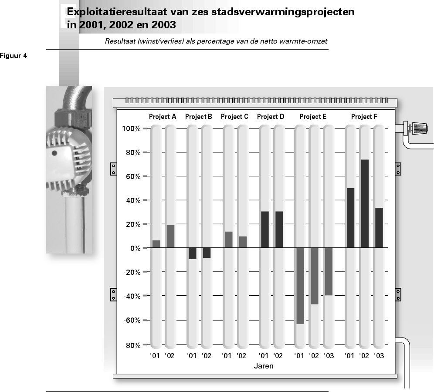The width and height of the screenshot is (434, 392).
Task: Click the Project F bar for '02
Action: [x=365, y=203]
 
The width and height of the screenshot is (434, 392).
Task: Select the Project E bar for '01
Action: [x=300, y=286]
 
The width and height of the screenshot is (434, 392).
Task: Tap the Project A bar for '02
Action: [x=170, y=236]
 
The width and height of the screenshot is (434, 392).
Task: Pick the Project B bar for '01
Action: [x=193, y=253]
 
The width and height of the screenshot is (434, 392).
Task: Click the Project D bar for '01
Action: [x=265, y=230]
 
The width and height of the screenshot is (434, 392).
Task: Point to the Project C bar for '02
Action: [x=243, y=242]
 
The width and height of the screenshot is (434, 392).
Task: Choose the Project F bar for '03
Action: [x=379, y=228]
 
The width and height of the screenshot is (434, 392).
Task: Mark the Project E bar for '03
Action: [x=329, y=272]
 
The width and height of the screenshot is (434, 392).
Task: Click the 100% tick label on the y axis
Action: [x=131, y=128]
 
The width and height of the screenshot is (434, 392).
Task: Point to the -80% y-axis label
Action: [x=132, y=345]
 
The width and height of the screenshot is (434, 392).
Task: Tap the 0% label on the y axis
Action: [x=136, y=248]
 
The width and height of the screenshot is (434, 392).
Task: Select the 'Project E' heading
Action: [x=313, y=117]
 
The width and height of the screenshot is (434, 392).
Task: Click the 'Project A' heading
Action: [x=163, y=117]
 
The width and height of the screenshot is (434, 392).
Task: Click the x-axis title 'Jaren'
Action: [x=264, y=366]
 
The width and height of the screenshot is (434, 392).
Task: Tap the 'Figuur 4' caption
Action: [x=14, y=56]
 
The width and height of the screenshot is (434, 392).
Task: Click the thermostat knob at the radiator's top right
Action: [x=420, y=128]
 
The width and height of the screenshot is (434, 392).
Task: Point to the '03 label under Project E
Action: [x=329, y=355]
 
